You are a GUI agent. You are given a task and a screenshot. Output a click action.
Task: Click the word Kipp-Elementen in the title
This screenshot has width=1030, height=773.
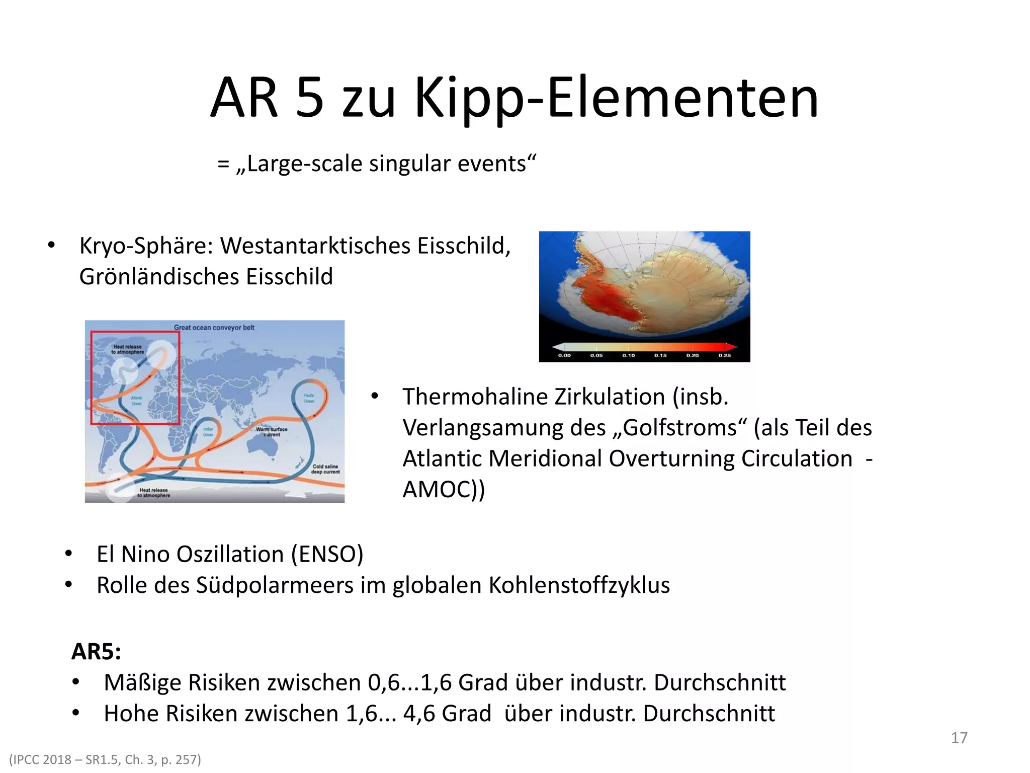click(617, 98)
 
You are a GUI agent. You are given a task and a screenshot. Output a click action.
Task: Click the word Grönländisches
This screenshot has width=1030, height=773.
click(159, 277)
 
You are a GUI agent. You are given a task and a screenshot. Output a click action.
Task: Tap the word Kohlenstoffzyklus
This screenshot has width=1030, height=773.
click(579, 585)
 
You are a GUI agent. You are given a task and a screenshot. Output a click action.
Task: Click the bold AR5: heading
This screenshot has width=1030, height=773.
click(96, 652)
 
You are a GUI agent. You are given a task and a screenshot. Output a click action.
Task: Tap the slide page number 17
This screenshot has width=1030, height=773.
click(959, 738)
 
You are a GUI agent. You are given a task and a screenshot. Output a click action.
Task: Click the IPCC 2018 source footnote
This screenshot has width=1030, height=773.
click(105, 759)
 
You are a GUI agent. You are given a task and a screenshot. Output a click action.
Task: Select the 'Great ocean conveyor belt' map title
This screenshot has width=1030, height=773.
click(214, 328)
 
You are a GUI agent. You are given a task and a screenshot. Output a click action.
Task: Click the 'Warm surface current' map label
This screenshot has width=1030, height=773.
click(272, 432)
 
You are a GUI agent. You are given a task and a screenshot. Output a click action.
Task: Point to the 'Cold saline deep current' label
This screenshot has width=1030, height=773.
click(325, 469)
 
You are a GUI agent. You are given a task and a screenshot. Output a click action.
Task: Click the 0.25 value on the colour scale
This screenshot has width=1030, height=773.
click(724, 355)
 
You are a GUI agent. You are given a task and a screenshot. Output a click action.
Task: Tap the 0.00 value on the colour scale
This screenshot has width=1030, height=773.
click(564, 355)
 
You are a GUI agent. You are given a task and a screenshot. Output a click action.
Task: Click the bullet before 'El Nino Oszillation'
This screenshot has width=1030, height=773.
click(69, 555)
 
